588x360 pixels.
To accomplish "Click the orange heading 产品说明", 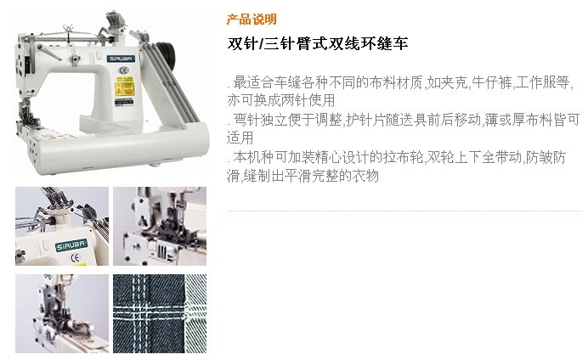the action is pos(252,20).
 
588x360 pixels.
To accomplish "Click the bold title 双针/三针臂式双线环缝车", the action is pos(318,43).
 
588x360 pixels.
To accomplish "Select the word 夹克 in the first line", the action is pos(455,82).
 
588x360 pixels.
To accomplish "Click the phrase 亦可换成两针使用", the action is pos(281,100).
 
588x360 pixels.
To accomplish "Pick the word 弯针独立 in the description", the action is pos(260,120).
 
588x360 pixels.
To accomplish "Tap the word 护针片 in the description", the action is pos(366,120).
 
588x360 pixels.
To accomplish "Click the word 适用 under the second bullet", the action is pos(240,138).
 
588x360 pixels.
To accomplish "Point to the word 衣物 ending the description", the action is pos(365,175).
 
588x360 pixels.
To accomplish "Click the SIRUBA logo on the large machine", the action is pos(121,59).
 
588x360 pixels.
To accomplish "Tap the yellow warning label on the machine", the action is pos(124,89).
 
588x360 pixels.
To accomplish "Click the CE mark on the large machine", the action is pos(123,70).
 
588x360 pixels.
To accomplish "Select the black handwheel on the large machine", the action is pos(167,54).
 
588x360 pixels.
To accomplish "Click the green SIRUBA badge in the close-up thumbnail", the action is pos(71,245).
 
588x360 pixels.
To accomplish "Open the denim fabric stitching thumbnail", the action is pos(160,313).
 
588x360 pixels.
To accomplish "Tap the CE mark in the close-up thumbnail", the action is pos(75,258).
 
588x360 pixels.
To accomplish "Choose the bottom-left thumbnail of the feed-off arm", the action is pos(62,313).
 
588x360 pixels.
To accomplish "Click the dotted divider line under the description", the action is pos(404,211).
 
